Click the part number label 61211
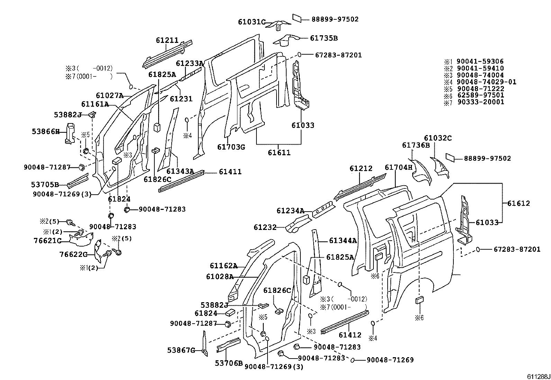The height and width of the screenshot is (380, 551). point(167,40)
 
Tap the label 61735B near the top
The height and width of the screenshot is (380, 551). point(324,38)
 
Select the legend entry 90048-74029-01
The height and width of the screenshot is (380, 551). point(486,82)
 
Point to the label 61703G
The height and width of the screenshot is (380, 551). point(231,147)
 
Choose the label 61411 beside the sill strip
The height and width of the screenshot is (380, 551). point(230,172)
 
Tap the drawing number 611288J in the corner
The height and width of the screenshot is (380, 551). point(538,376)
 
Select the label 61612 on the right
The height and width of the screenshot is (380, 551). point(518,203)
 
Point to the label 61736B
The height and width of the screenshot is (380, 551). point(416,146)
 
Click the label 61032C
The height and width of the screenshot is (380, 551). point(438,138)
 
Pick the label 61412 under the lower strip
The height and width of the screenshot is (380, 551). point(350,335)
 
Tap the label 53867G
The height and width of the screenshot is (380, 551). point(181,350)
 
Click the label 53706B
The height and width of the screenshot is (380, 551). point(229,363)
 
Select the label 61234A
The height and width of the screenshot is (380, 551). point(290,211)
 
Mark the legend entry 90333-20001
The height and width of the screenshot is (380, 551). point(480,102)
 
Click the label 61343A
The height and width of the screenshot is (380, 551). point(180,172)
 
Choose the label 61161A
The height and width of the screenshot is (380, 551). point(95,104)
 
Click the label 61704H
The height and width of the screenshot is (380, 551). point(399,168)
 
